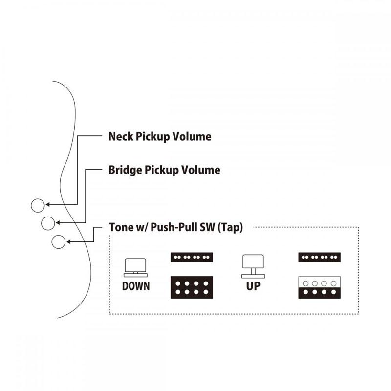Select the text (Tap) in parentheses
(x=230, y=227)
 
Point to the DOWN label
(x=136, y=286)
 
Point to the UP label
(x=253, y=286)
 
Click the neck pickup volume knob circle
(x=38, y=205)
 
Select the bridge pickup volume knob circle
(x=48, y=223)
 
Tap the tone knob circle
(x=58, y=241)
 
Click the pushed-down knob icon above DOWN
(x=135, y=267)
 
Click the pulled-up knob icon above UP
(x=253, y=266)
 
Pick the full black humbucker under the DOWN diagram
(x=192, y=287)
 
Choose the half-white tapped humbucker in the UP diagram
(x=320, y=287)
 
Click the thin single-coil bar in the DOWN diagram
(x=192, y=257)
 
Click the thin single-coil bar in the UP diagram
(x=320, y=257)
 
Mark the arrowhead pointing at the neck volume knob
(x=47, y=204)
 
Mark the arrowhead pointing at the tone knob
(x=68, y=241)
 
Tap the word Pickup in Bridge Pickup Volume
(x=162, y=171)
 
